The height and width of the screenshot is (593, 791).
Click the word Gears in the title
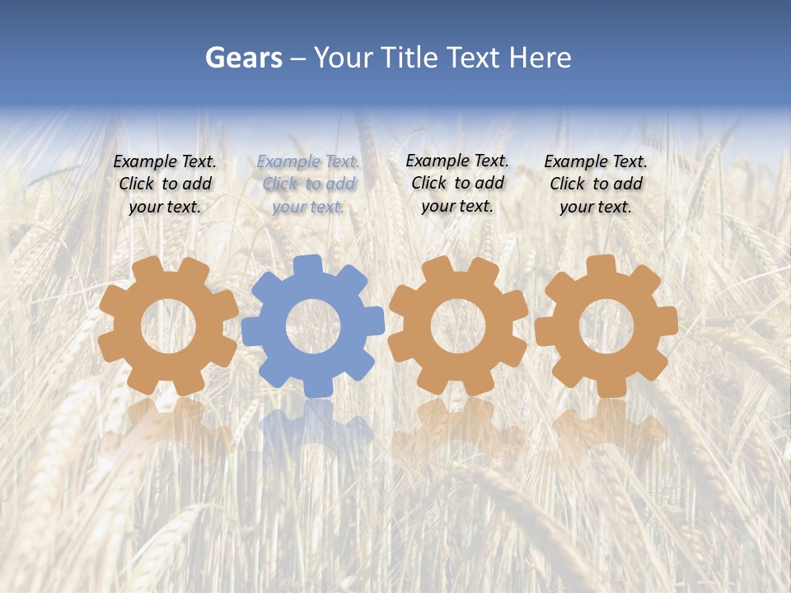(243, 58)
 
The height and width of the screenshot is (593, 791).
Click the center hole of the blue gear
(313, 326)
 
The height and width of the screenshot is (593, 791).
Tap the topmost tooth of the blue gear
(307, 266)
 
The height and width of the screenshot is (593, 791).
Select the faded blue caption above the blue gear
(307, 184)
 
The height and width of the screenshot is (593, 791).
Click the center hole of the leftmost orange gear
(168, 326)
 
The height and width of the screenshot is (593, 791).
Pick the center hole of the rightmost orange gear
(606, 326)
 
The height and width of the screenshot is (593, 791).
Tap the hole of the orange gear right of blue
(458, 326)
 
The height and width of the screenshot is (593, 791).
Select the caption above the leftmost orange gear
(165, 184)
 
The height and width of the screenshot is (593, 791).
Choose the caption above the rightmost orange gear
(596, 184)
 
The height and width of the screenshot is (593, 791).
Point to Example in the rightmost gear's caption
(574, 162)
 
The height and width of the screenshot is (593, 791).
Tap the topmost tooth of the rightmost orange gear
(601, 266)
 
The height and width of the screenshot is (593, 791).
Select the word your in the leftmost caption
(145, 207)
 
